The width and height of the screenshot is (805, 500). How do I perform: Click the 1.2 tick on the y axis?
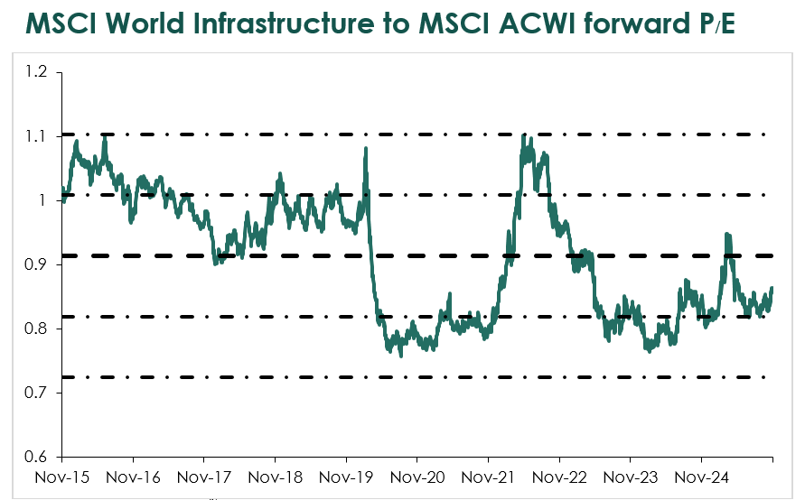pos(36,71)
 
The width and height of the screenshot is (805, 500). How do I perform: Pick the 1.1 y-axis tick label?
pos(36,135)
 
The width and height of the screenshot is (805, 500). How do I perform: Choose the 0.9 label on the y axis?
pos(36,264)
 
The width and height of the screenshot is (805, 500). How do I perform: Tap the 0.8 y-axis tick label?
pos(36,329)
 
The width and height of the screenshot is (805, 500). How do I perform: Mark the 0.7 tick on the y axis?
pos(36,393)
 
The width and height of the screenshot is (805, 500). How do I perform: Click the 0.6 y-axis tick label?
pos(36,457)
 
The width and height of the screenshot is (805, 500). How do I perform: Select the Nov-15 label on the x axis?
pos(62,476)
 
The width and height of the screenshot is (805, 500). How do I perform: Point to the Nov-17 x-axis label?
pos(204,476)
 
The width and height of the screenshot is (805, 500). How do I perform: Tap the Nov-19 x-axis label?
pos(347,476)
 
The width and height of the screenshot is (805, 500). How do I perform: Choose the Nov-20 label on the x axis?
pos(417,476)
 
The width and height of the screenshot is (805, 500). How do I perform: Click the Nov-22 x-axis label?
pos(559,476)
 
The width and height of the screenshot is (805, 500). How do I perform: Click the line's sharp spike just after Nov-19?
pos(366,148)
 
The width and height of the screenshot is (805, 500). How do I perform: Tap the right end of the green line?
pos(772,288)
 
